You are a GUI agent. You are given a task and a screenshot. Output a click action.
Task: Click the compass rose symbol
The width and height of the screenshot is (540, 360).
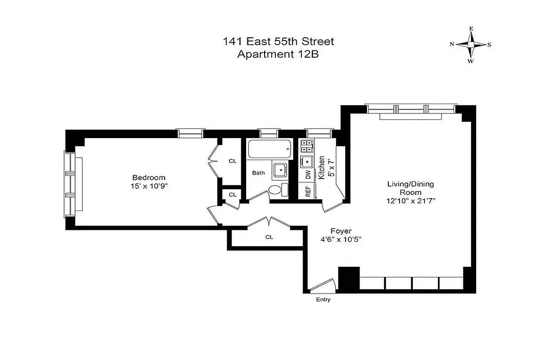coord(471,45)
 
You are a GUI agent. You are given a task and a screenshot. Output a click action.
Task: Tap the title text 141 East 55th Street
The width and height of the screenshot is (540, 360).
coord(279,42)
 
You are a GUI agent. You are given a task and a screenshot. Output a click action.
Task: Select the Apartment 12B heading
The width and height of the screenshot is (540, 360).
coord(279,54)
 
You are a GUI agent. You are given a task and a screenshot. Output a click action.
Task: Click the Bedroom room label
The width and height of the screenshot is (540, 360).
coord(148,177)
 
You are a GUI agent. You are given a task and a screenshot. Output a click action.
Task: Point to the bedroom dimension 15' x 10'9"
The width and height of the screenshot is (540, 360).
coord(148,185)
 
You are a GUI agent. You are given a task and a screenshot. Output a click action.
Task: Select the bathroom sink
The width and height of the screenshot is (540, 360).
coord(281,170)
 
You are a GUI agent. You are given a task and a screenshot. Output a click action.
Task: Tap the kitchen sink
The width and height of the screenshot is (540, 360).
coord(308,161)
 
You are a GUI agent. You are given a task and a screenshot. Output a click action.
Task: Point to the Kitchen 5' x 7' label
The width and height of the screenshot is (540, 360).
coord(326,167)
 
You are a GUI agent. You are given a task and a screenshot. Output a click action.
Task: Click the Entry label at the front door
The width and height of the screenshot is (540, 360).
coord(323,300)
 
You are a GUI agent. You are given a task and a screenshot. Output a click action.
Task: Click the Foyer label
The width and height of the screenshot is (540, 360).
coord(341,231)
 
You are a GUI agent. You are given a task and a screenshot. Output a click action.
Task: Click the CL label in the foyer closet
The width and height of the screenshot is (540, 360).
coord(269,237)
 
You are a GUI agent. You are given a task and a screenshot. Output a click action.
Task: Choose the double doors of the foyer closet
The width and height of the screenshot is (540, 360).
coord(269,222)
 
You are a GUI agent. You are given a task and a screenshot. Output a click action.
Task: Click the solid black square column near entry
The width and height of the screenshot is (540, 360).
coord(349,279)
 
